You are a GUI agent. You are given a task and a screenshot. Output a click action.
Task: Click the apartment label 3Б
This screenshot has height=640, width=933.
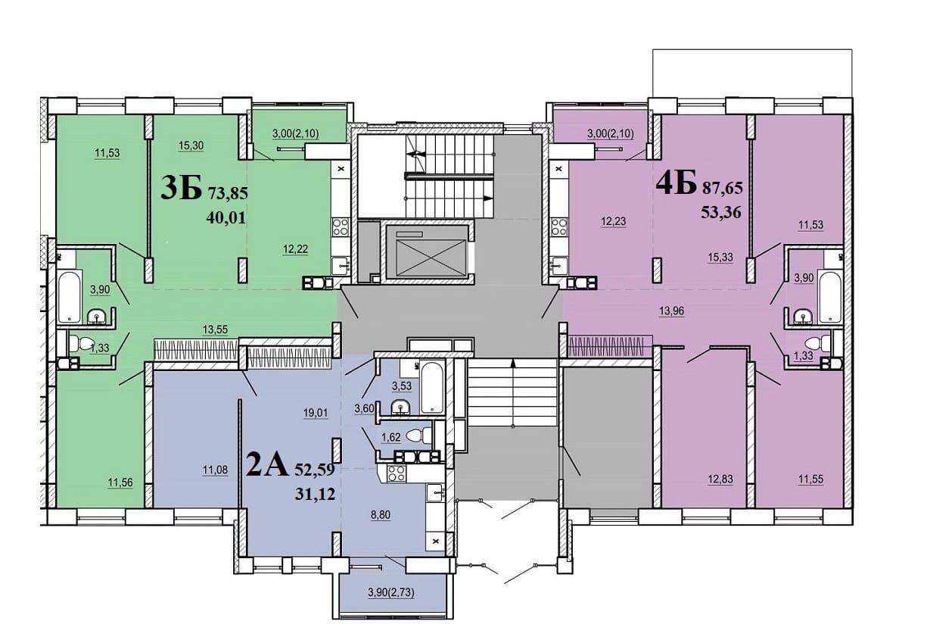[181, 188]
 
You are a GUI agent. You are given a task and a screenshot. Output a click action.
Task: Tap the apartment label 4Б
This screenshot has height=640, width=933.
[676, 183]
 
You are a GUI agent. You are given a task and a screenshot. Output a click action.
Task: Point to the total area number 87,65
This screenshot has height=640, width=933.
[723, 189]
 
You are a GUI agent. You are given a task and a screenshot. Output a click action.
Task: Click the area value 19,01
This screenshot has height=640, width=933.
[316, 414]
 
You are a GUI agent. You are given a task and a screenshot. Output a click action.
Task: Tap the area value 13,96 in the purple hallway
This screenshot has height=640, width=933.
[671, 311]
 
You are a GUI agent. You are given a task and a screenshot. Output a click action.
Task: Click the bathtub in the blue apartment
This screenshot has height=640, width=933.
[431, 388]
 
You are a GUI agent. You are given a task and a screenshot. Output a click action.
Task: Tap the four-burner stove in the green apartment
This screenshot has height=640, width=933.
[340, 227]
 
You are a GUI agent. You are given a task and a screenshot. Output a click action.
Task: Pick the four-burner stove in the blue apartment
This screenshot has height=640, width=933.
[396, 473]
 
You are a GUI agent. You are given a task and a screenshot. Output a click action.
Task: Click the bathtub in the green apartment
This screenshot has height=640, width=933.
[69, 296]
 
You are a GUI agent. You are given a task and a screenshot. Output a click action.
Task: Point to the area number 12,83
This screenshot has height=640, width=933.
[720, 479]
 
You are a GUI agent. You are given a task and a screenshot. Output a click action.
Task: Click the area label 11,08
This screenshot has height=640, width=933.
[215, 470]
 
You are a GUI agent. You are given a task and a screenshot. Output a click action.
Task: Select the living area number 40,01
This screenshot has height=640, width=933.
[226, 217]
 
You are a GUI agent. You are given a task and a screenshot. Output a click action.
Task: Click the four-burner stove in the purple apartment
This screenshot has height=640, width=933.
[559, 227]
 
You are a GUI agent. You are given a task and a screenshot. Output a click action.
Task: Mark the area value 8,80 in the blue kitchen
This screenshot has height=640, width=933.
[381, 515]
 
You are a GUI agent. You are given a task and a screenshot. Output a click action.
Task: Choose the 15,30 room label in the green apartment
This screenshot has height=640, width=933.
[191, 145]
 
